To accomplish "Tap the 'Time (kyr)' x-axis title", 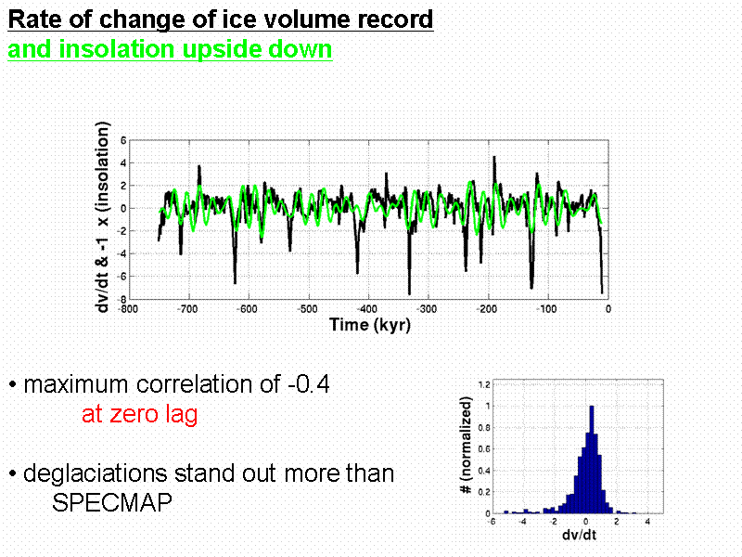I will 369,325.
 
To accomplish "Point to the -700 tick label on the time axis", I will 188,310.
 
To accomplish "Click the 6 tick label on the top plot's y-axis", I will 122,141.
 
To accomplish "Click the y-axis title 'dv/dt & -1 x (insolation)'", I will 104,217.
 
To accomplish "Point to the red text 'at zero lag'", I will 139,415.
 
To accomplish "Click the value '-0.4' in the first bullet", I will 304,384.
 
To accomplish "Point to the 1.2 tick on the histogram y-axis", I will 484,383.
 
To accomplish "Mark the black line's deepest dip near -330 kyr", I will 409,291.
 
